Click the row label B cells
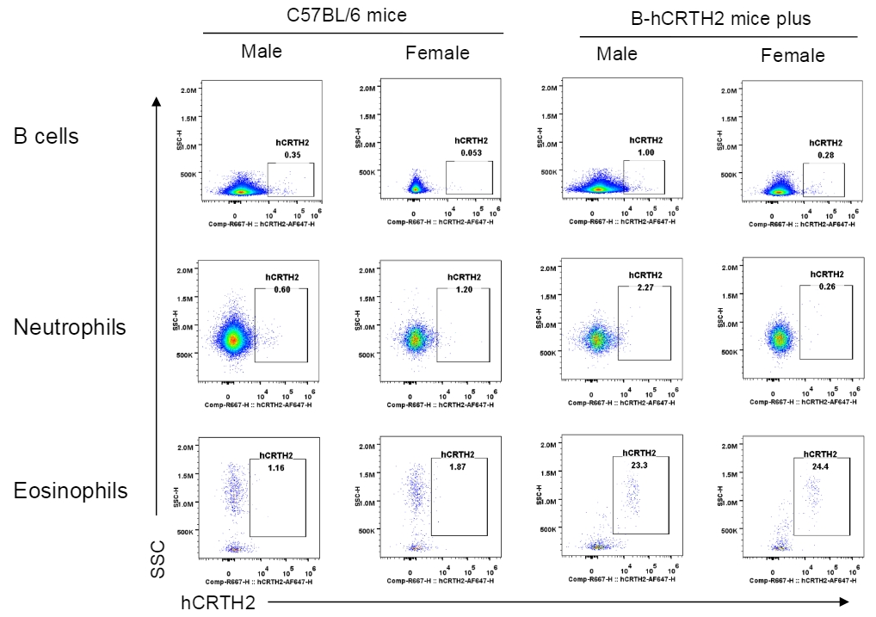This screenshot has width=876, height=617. pos(46,136)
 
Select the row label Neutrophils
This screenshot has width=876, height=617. pos(69,327)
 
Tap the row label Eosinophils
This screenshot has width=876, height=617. pos(71,491)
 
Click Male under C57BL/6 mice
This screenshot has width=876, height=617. pos(262,51)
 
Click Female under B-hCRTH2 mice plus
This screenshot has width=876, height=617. pos(793,56)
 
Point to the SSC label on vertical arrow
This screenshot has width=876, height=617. pos(157,558)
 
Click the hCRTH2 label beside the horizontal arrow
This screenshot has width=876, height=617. pos(218,602)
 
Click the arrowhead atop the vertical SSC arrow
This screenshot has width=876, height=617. pos(157,102)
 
